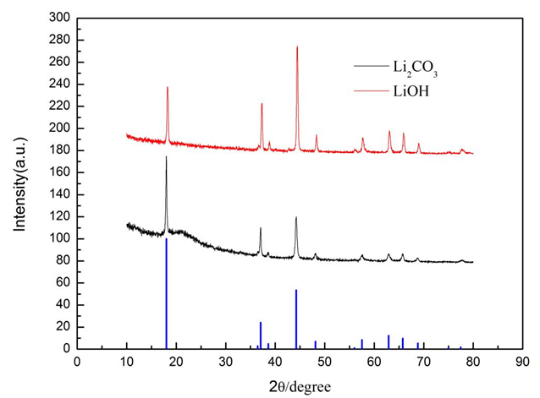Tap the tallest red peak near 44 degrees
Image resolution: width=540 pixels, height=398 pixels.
coord(297,47)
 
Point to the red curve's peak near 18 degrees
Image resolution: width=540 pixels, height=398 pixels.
coord(168,88)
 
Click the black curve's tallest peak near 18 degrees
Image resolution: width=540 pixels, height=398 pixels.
coord(166,157)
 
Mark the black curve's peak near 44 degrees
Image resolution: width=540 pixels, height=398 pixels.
coord(296,218)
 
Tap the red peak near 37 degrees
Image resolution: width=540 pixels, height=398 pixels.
coord(262,104)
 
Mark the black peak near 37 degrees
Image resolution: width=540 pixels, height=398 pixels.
coord(261,228)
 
